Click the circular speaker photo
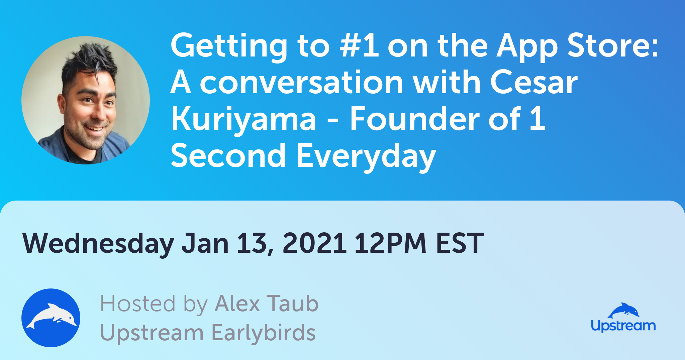pyautogui.click(x=86, y=100)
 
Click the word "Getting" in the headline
pyautogui.click(x=229, y=47)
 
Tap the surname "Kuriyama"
pyautogui.click(x=243, y=120)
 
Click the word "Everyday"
pyautogui.click(x=366, y=156)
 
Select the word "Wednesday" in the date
pyautogui.click(x=98, y=243)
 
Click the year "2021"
pyautogui.click(x=314, y=243)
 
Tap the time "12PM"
pyautogui.click(x=390, y=243)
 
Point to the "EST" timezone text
pyautogui.click(x=460, y=243)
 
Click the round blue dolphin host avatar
pyautogui.click(x=51, y=318)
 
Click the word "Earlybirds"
pyautogui.click(x=264, y=333)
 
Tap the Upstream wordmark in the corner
pyautogui.click(x=623, y=325)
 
